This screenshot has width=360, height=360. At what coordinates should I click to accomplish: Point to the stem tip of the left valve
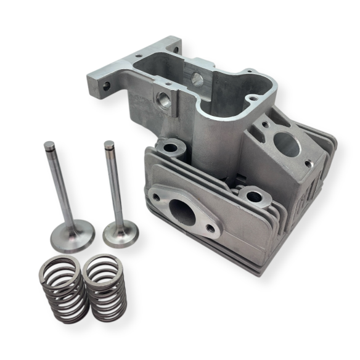[49, 147]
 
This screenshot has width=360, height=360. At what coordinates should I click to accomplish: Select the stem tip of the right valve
[109, 146]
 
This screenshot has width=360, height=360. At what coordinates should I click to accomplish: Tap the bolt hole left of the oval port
[156, 198]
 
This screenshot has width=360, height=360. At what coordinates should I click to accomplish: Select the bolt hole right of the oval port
[211, 229]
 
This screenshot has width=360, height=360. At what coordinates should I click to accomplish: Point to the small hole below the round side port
[308, 165]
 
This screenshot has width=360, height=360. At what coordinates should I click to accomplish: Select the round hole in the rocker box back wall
[197, 78]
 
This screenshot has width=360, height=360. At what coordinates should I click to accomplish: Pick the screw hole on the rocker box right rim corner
[251, 97]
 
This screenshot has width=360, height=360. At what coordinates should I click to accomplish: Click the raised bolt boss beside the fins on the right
[253, 197]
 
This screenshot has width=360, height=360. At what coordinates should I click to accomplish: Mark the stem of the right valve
[113, 185]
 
